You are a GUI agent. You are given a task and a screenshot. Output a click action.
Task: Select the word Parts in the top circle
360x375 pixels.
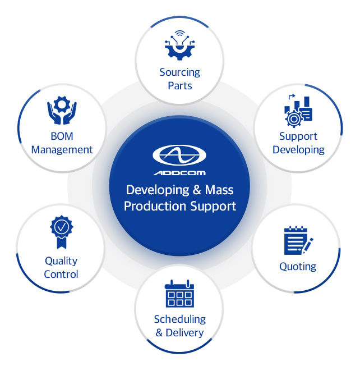(x=179, y=86)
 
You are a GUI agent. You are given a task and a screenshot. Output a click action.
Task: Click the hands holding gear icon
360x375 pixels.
(x=62, y=110)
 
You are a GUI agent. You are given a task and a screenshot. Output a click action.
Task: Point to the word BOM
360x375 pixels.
(x=62, y=136)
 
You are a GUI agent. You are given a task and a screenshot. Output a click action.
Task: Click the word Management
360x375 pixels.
(x=62, y=150)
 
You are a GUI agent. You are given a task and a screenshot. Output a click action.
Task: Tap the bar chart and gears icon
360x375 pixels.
(x=298, y=110)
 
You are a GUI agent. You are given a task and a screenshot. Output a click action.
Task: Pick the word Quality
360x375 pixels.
(x=61, y=261)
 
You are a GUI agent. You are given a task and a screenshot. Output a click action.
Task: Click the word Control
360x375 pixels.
(x=61, y=275)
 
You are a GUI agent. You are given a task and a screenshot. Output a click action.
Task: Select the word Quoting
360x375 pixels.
(x=298, y=267)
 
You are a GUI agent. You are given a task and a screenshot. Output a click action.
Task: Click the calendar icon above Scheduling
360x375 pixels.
(x=179, y=294)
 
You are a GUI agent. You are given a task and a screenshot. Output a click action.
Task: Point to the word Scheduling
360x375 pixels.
(x=179, y=319)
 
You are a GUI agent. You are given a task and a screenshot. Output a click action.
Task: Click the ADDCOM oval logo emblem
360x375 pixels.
(x=179, y=155)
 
